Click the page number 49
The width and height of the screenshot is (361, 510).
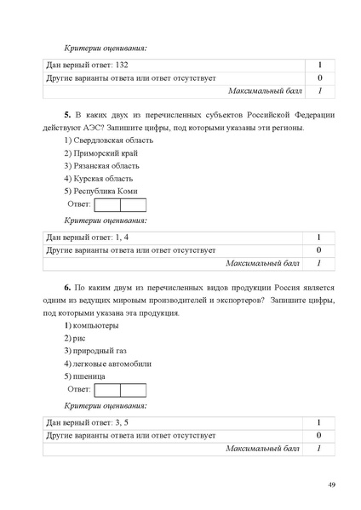click(x=332, y=484)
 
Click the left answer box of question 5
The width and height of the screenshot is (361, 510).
click(x=106, y=205)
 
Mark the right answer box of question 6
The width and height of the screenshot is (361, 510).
click(x=133, y=390)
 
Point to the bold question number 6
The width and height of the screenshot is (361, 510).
click(x=66, y=287)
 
